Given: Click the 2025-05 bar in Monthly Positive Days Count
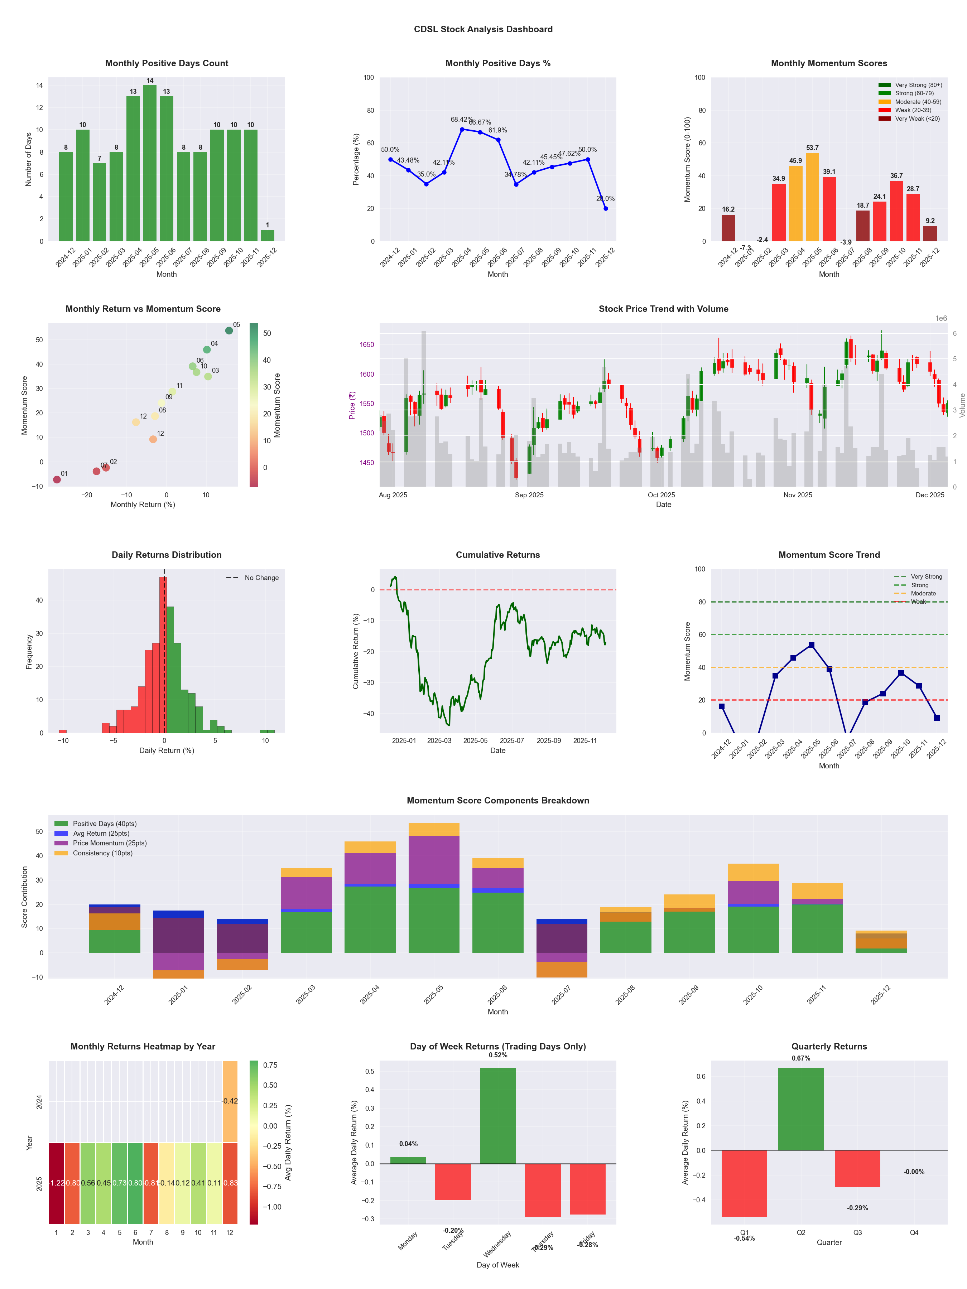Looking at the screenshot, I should click(150, 163).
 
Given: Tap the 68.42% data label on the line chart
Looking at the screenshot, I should click(462, 120).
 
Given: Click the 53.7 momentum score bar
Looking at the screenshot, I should click(812, 197).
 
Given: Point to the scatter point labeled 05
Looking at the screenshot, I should click(229, 330).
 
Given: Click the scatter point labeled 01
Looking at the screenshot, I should click(57, 479).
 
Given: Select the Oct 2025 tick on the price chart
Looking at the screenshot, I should click(661, 495).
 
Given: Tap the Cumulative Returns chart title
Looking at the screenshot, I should click(498, 555).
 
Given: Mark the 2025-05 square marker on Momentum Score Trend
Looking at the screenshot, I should click(811, 645).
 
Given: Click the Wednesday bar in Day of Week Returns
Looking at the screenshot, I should click(498, 1116).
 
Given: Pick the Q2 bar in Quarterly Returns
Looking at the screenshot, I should click(800, 1110).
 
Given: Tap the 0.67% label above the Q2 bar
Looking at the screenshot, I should click(800, 1058).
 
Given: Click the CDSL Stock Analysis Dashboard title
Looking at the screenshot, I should click(483, 29).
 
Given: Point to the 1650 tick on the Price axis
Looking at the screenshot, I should click(367, 344).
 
